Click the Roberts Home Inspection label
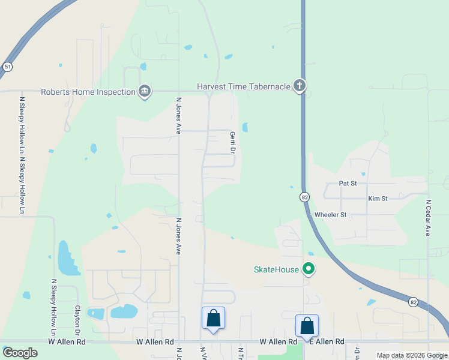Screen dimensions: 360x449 [x=88, y=92]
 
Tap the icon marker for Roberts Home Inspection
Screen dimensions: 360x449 [x=145, y=91]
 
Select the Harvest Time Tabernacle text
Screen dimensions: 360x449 [x=244, y=86]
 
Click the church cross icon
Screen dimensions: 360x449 [x=299, y=86]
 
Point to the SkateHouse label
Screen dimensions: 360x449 [x=276, y=269]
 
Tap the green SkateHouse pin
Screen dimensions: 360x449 [x=309, y=269]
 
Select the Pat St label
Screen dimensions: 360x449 [x=348, y=183]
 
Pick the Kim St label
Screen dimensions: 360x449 [x=378, y=198]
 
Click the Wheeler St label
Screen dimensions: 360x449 [x=331, y=214]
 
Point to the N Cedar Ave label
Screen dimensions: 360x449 [x=429, y=218]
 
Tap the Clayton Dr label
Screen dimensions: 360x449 [x=77, y=320]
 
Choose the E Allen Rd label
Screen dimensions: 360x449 [x=327, y=341]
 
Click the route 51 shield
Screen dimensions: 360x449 [x=7, y=67]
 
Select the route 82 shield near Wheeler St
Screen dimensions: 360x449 [x=305, y=197]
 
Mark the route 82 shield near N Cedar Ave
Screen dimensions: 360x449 [x=413, y=302]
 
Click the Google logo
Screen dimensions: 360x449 [x=20, y=352]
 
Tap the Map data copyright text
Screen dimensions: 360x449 [x=411, y=355]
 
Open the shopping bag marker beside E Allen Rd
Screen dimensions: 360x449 [x=307, y=325]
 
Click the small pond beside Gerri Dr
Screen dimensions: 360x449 [x=245, y=127]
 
